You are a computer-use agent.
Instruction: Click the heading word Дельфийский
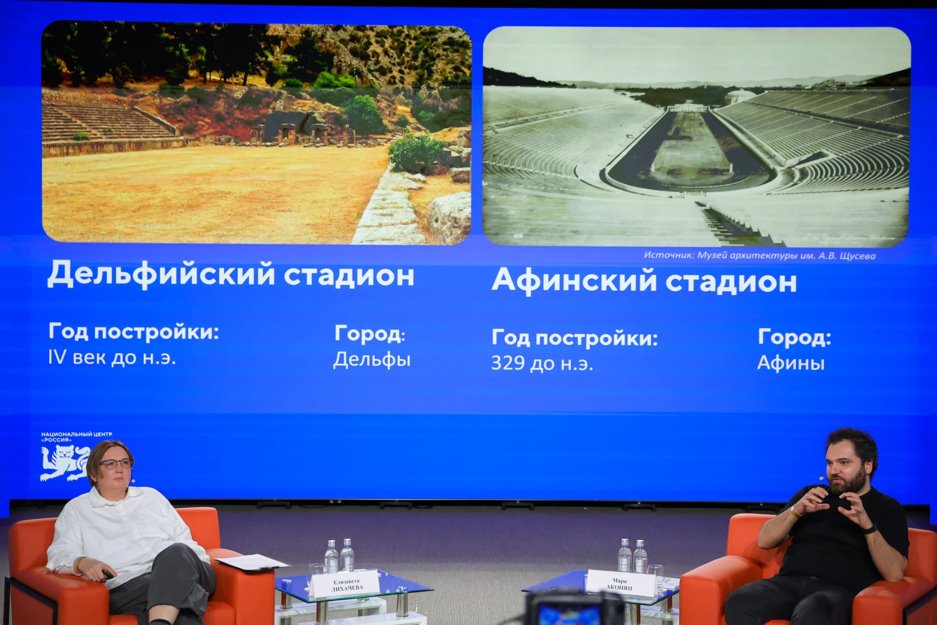pos(162,274)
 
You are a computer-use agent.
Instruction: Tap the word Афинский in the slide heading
pos(574,280)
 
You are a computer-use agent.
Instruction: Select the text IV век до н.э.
pos(112,358)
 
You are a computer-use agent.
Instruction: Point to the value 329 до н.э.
pos(542,363)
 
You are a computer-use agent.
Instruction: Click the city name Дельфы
pos(372,360)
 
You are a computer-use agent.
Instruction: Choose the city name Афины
pos(791,363)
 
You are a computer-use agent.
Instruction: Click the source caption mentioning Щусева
pos(759,255)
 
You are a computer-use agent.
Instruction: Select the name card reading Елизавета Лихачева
pos(346,584)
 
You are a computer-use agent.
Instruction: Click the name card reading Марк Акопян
pos(620,583)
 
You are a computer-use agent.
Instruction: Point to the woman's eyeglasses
pos(116,463)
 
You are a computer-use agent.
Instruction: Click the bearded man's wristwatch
pos(871,529)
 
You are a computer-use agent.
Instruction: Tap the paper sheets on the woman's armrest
pos(252,562)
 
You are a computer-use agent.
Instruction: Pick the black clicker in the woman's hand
pos(108,575)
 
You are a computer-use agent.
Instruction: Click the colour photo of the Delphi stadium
pos(257,133)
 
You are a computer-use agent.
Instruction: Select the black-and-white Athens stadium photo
pos(696,137)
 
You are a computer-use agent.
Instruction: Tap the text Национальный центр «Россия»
pos(77,437)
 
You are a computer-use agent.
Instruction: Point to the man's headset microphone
pos(822,477)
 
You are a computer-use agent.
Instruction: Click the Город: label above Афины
pos(794,337)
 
